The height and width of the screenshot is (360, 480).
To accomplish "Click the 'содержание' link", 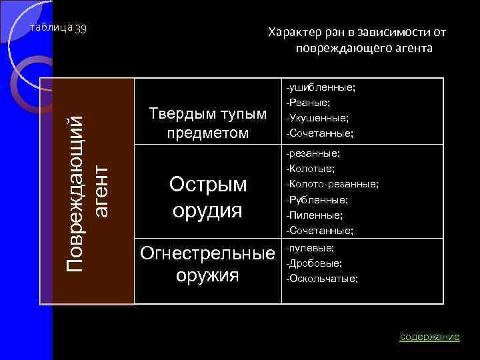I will [x=429, y=337].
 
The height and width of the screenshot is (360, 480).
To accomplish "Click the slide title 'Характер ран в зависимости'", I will [x=357, y=40].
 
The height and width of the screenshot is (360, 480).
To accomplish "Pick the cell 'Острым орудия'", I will [x=207, y=197].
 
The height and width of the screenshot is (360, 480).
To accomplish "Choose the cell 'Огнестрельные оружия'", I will [x=207, y=264].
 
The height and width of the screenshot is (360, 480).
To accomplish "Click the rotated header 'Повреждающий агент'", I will [x=87, y=191].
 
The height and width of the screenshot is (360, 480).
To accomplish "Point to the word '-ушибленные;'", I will [x=320, y=87].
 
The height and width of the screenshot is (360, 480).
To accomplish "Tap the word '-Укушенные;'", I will [x=317, y=118].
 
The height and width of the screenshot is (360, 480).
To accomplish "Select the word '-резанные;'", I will [x=313, y=153].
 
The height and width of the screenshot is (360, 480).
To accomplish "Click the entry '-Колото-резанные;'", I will [x=332, y=183].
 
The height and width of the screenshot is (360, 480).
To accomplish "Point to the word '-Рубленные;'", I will [x=317, y=199].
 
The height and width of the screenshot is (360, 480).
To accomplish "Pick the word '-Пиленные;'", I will [x=314, y=215].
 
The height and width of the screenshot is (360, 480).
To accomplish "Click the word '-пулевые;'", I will [x=310, y=247].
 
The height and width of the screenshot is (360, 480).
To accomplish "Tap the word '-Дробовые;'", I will [x=314, y=263].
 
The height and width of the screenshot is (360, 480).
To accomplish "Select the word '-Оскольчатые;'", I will [x=321, y=279].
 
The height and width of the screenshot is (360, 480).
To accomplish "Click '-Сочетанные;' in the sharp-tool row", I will [x=319, y=230].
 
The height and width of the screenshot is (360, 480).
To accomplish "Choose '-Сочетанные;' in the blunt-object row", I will [x=319, y=133].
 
